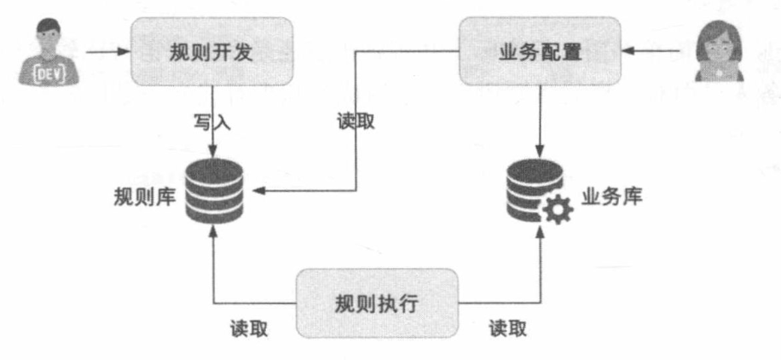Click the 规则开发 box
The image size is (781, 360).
point(211,53)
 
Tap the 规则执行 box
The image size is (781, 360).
point(376,303)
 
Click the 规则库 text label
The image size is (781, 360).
point(144,196)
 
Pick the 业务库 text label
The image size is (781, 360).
point(612,195)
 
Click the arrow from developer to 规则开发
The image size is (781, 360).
point(104,53)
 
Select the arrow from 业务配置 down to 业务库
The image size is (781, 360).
point(539,119)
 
